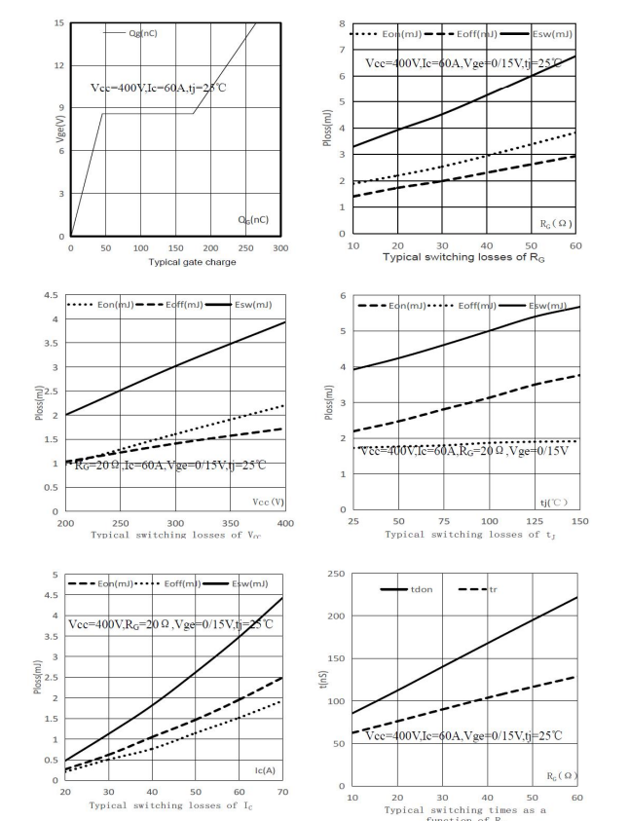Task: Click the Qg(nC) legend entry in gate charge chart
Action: (142, 32)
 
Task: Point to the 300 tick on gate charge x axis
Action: (280, 248)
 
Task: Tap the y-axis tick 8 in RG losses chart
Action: (341, 22)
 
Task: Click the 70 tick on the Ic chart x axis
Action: (283, 792)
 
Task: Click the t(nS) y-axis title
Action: (323, 679)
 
